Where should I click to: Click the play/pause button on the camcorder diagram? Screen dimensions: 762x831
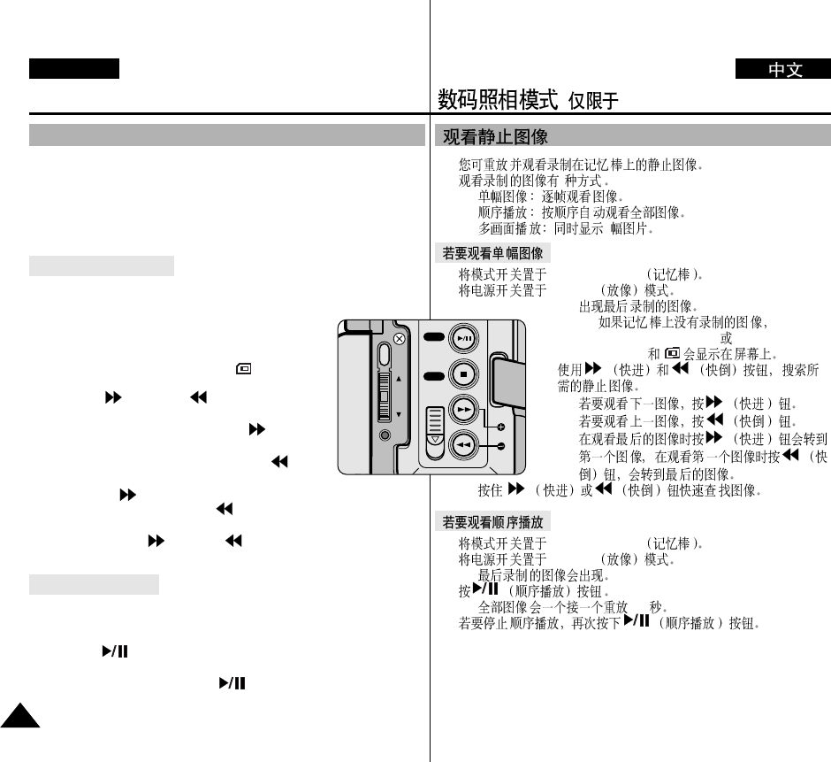pyautogui.click(x=463, y=339)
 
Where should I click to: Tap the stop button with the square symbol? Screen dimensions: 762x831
pyautogui.click(x=463, y=375)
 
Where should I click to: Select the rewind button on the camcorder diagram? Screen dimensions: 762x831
pyautogui.click(x=463, y=445)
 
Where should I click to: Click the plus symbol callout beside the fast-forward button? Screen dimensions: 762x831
pyautogui.click(x=501, y=426)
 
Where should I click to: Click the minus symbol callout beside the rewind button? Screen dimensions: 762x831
pyautogui.click(x=501, y=446)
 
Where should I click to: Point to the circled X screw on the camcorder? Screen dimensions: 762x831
pyautogui.click(x=400, y=339)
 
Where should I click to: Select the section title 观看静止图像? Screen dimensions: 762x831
pyautogui.click(x=495, y=137)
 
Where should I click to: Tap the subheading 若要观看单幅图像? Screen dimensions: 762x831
pyautogui.click(x=492, y=253)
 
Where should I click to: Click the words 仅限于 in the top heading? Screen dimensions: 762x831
pyautogui.click(x=592, y=102)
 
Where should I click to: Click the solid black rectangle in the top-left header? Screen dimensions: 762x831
pyautogui.click(x=73, y=69)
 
